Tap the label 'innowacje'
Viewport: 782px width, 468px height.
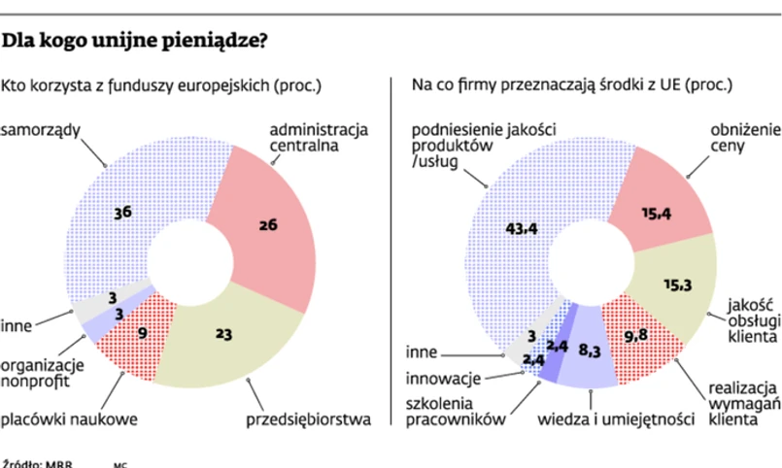coord(441,377)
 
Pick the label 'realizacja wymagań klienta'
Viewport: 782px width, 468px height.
coord(744,400)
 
